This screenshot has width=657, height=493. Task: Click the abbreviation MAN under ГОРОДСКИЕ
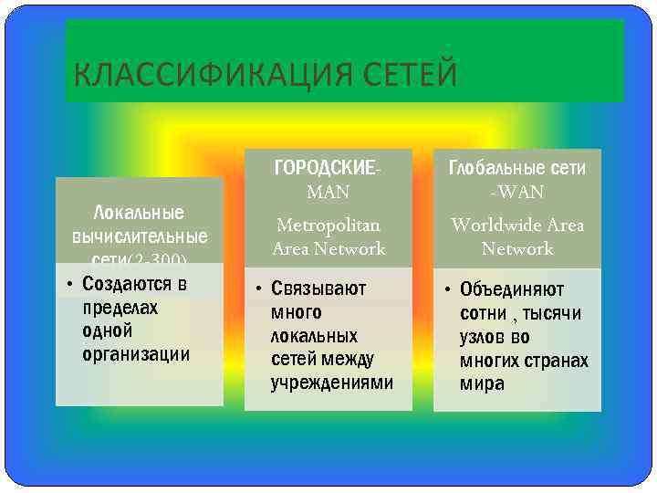pos(328,193)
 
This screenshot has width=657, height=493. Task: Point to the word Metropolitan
pos(328,225)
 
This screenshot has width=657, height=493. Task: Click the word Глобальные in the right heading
pos(492,168)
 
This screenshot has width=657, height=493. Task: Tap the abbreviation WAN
pos(520,193)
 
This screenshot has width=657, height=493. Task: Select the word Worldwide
pos(493,225)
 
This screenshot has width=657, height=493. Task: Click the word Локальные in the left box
pos(140,214)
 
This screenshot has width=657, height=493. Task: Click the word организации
pos(136,354)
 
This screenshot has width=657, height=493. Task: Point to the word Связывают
pos(318,288)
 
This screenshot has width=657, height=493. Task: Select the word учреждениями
pos(332,383)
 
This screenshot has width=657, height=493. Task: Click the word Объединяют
pos(512,290)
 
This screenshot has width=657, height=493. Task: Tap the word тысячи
pos(551,314)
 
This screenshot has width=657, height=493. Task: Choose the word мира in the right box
pos(482,384)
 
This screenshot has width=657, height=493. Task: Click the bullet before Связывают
pos(259,289)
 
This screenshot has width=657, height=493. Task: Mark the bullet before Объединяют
pos(447,290)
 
